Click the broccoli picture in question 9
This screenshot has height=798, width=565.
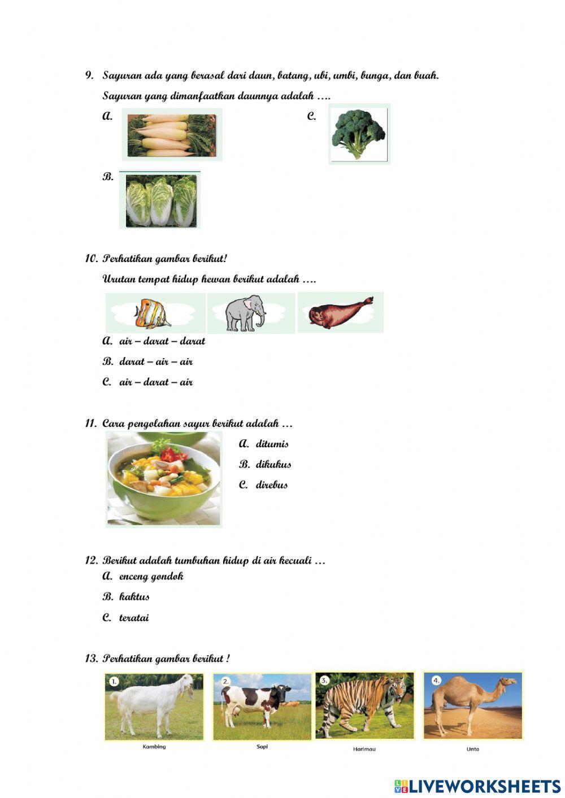point(358,134)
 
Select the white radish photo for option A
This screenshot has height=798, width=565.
point(172,135)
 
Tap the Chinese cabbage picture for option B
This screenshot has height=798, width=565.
point(161,200)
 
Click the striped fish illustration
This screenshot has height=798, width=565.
point(152,313)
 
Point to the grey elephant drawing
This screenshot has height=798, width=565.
point(245,314)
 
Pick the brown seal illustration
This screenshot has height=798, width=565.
point(338,312)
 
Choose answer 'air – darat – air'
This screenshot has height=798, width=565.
point(155,382)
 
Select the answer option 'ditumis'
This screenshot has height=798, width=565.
point(272,444)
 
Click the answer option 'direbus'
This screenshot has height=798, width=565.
point(271,485)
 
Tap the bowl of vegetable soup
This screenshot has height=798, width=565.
point(163,477)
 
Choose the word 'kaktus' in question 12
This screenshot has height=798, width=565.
point(134,597)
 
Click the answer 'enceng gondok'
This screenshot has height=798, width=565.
point(151,577)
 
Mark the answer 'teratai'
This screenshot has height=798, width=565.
point(133,618)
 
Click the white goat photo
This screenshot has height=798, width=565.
point(154,707)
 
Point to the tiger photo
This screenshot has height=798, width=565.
point(365,706)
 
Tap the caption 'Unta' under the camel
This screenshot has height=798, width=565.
point(473,749)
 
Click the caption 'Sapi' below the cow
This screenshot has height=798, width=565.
point(262,747)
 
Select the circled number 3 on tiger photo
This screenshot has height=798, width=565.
point(324,681)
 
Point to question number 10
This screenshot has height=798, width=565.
point(92,259)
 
